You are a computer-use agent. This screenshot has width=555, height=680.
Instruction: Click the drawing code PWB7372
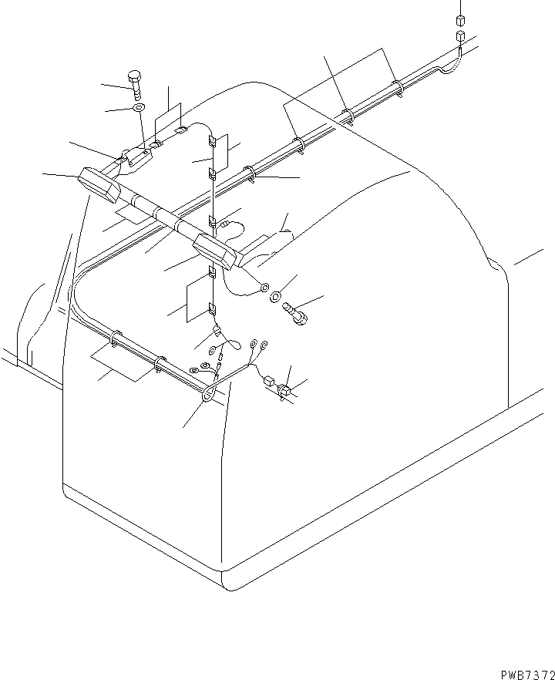(528, 675)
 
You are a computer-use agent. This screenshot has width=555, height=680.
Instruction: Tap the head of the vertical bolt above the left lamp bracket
(134, 76)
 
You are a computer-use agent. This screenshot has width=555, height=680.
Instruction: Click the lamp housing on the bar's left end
(99, 185)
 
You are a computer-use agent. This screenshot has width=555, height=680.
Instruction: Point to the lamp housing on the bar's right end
(214, 252)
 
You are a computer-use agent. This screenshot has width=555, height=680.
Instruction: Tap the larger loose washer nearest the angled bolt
(275, 297)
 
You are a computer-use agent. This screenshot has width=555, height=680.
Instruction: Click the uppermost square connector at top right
(460, 20)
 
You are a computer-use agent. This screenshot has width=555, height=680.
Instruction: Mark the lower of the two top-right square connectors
(460, 35)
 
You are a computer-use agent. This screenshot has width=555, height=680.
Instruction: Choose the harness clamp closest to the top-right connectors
(398, 88)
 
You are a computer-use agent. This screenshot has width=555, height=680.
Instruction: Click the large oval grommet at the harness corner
(208, 394)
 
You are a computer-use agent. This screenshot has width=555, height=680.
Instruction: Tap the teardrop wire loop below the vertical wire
(234, 345)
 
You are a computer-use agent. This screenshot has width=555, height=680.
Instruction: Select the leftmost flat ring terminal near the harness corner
(193, 370)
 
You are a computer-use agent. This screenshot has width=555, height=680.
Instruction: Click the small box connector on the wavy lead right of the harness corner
(268, 381)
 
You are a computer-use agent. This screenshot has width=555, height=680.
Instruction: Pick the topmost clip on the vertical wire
(212, 141)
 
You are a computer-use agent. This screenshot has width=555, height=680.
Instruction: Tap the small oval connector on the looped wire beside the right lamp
(224, 224)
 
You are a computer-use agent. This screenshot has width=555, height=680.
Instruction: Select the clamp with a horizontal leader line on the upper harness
(249, 173)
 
